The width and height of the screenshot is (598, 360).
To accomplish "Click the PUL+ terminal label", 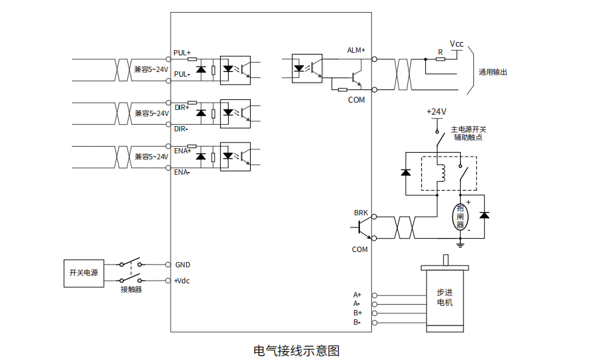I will pyautogui.click(x=181, y=52).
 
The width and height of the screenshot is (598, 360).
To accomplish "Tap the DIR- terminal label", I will pyautogui.click(x=181, y=129).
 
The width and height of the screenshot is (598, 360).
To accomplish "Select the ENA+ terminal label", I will pyautogui.click(x=182, y=151).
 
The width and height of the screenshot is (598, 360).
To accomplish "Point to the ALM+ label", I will pyautogui.click(x=356, y=50).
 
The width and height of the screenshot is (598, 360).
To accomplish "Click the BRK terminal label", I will pyautogui.click(x=361, y=213).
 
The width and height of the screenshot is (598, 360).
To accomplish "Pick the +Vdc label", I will pyautogui.click(x=181, y=281).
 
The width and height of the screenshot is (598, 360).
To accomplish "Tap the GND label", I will pyautogui.click(x=183, y=265).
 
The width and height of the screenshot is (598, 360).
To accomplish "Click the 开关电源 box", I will pyautogui.click(x=83, y=273).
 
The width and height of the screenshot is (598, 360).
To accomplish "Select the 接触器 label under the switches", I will pyautogui.click(x=131, y=289).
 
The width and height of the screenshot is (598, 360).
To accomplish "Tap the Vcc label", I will pyautogui.click(x=457, y=44).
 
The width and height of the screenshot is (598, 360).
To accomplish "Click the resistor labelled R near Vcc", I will pyautogui.click(x=440, y=59).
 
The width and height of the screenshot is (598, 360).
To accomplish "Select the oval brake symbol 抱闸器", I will pyautogui.click(x=460, y=217).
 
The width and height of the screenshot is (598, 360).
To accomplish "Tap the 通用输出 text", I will pyautogui.click(x=493, y=72).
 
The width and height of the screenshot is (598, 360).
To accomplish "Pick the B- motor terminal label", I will pyautogui.click(x=357, y=323).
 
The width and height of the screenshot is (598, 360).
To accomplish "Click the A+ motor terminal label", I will pyautogui.click(x=357, y=295).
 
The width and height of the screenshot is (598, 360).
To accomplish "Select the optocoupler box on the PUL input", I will pyautogui.click(x=235, y=69).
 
